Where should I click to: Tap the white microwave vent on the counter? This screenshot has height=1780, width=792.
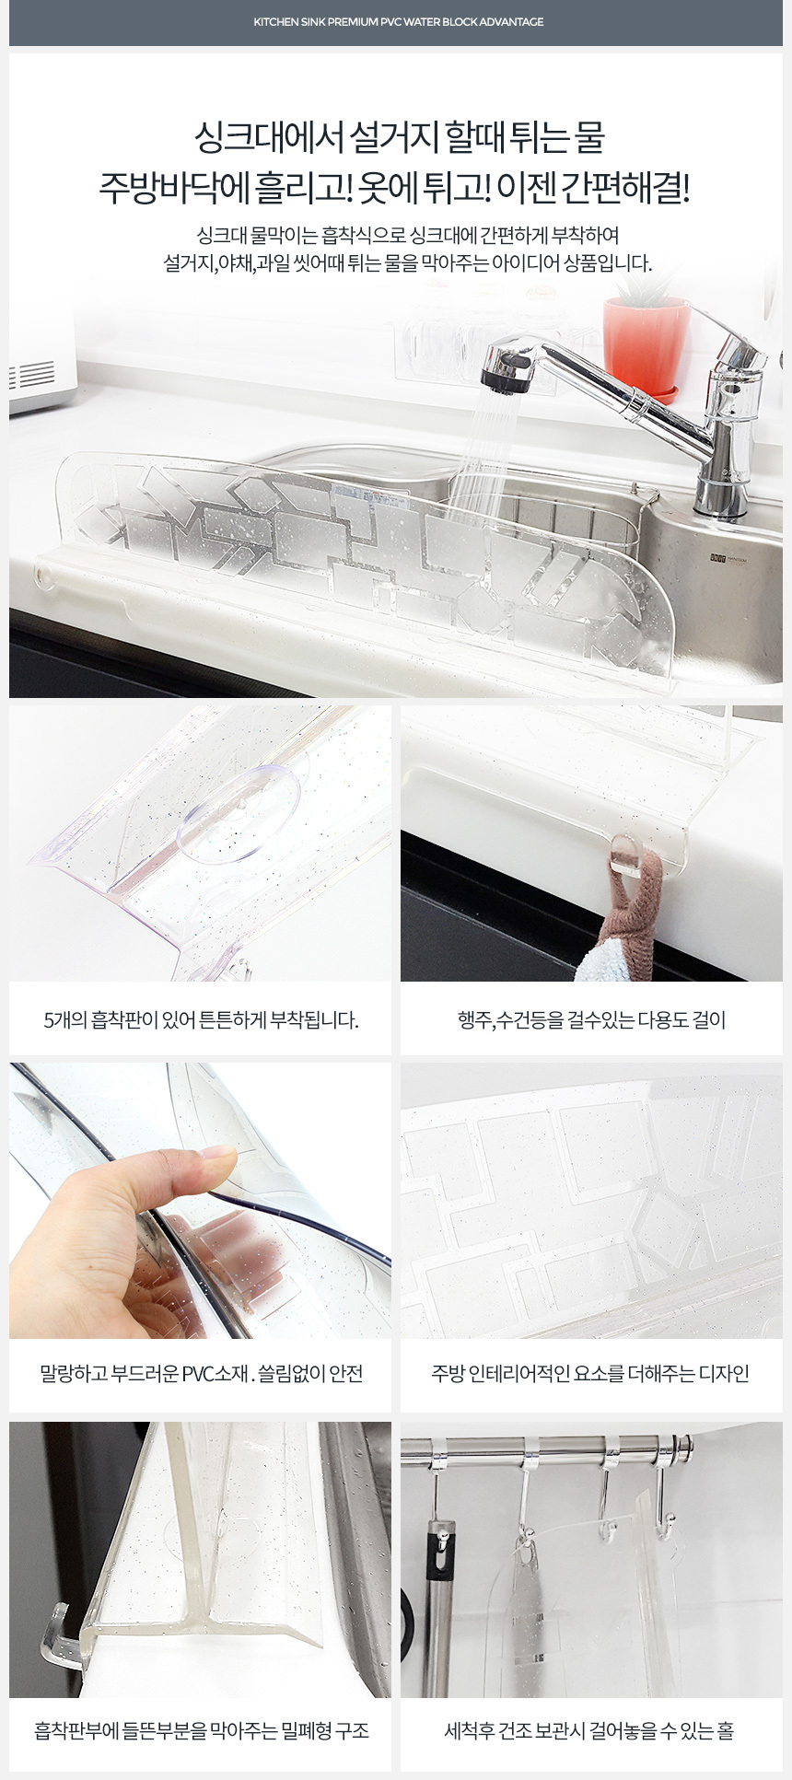(33, 374)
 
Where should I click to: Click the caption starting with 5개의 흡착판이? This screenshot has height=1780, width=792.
(201, 1020)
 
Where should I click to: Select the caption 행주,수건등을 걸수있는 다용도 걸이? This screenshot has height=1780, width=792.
(591, 1020)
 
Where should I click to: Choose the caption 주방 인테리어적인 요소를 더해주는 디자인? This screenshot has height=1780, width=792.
(590, 1374)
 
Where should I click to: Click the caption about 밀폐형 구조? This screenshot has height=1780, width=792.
(202, 1730)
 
